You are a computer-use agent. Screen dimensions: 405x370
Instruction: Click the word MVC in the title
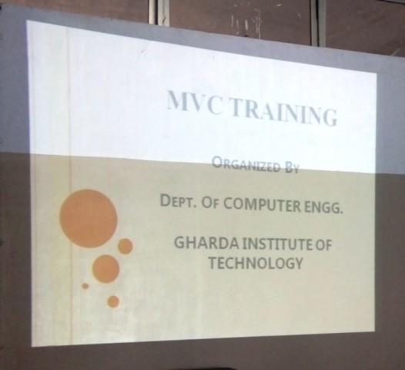[195, 103]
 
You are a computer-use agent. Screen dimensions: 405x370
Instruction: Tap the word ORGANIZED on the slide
[246, 165]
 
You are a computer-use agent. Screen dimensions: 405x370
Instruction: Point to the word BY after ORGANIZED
[292, 168]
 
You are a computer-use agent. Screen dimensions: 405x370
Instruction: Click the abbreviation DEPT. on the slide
[178, 200]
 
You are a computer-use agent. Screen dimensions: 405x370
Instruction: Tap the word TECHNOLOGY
[256, 263]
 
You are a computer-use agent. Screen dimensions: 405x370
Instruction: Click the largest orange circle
[89, 219]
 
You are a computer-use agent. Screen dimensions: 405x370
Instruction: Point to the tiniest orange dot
[85, 286]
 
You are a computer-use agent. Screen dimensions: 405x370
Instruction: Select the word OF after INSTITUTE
[323, 245]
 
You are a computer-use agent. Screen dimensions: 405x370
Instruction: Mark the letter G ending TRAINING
[329, 117]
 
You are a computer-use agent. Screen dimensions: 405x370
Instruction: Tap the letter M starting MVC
[178, 99]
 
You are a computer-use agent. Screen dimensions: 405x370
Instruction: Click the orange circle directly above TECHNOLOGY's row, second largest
[105, 269]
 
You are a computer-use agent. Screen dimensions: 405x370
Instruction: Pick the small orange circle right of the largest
[126, 246]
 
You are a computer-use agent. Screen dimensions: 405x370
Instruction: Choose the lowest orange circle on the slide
[113, 301]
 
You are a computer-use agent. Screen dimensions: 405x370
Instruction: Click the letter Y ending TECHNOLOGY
[298, 264]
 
